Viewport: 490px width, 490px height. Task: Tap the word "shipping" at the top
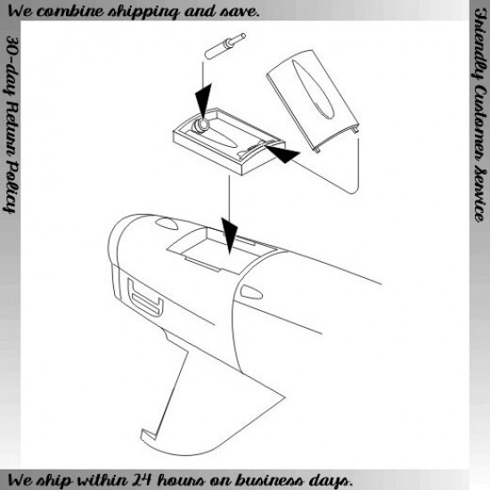tap(143, 12)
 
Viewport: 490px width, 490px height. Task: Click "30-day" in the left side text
tap(12, 65)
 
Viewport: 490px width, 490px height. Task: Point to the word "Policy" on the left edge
tap(11, 187)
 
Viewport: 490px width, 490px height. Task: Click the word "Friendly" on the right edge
tap(479, 43)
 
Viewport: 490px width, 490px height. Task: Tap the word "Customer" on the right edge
tap(479, 125)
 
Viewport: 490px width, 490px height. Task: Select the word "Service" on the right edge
tap(479, 196)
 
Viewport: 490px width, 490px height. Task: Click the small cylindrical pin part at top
tap(225, 45)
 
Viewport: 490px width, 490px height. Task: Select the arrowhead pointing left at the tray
tap(282, 153)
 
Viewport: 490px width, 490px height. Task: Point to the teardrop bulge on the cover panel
tap(311, 89)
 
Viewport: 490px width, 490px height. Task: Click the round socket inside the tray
tap(200, 126)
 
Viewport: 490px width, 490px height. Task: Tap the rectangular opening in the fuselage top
tap(222, 251)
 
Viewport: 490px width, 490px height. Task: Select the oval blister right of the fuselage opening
tap(251, 292)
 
